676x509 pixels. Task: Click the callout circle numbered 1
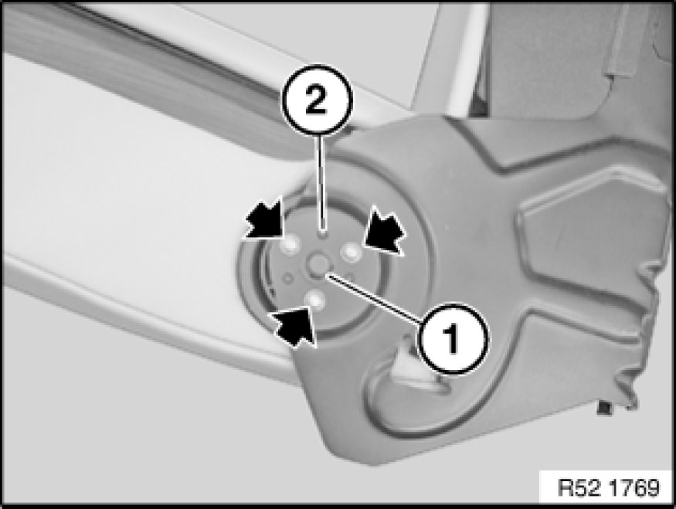coord(453,338)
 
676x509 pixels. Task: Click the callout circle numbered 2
coord(318,100)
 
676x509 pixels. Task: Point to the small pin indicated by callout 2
coord(321,233)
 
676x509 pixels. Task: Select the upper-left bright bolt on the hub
coord(289,246)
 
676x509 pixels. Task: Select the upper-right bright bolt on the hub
coord(351,251)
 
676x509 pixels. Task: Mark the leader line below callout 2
coord(321,183)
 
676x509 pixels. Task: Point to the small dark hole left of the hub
coord(287,278)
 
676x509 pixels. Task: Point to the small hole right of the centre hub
coord(350,276)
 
